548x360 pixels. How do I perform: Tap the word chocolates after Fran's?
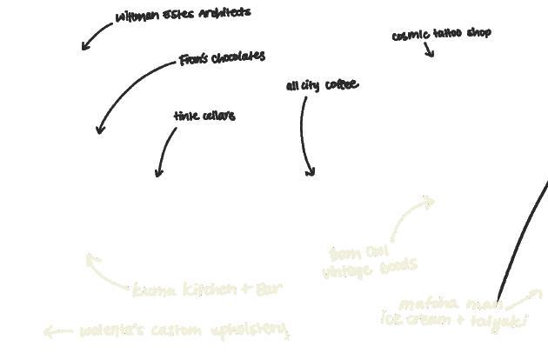click(237, 57)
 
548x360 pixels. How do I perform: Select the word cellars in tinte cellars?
click(218, 116)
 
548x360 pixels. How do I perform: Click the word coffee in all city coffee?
click(341, 85)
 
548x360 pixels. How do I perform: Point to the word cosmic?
click(411, 36)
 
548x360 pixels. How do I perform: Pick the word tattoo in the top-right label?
click(447, 34)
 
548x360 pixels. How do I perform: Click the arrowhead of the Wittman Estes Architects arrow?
click(84, 47)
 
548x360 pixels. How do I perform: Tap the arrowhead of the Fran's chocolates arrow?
click(100, 130)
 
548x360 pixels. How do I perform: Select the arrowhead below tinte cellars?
click(158, 174)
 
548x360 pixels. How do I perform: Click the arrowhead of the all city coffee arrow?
click(310, 172)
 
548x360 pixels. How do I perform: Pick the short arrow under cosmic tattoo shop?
click(429, 50)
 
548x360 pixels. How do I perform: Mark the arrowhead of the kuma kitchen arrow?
click(90, 257)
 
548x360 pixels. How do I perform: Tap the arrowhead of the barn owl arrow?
click(429, 202)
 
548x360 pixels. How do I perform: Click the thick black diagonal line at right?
click(523, 236)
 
